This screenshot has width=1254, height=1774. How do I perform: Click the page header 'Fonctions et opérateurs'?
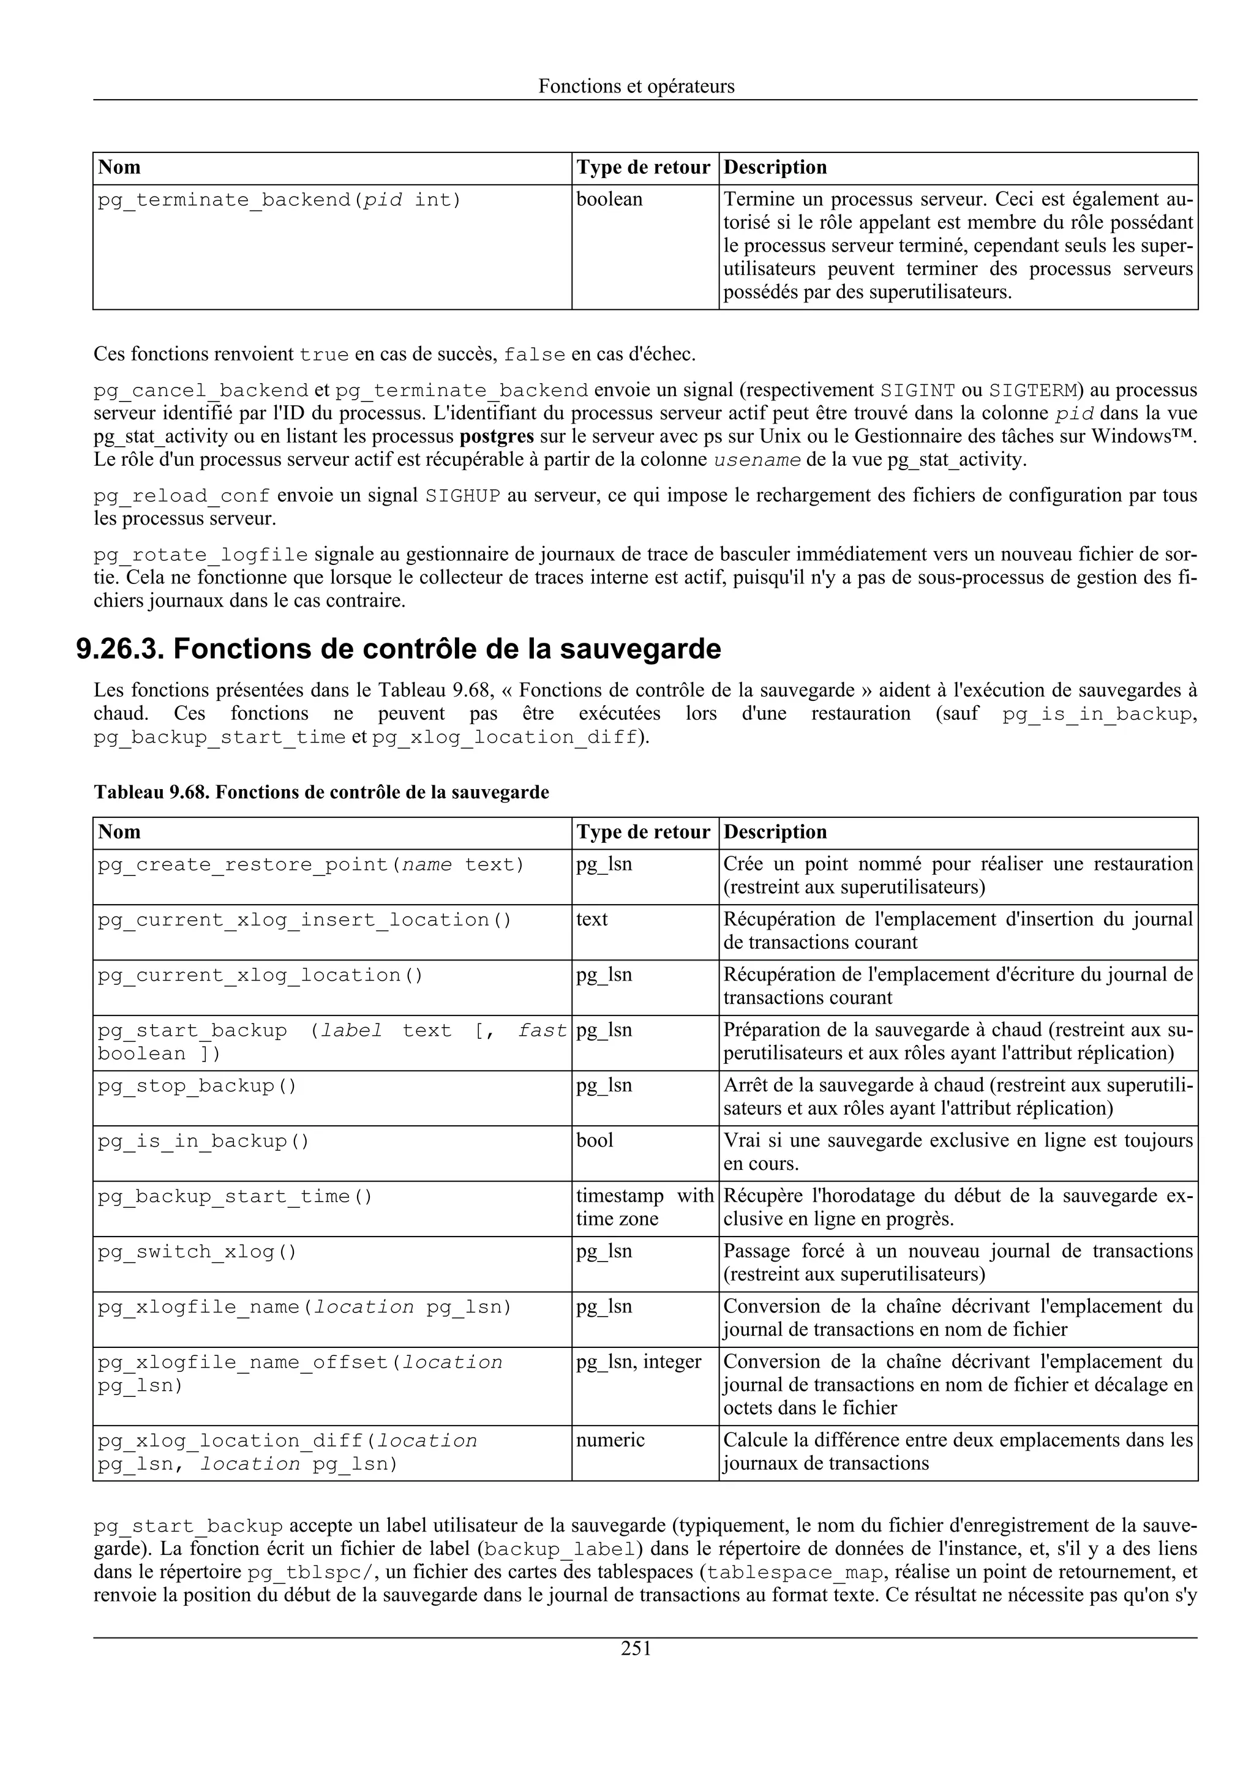[636, 86]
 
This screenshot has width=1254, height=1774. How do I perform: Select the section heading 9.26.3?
[398, 648]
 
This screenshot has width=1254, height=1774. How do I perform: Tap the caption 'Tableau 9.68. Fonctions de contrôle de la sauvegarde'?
[321, 792]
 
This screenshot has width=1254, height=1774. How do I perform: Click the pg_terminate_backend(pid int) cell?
[279, 200]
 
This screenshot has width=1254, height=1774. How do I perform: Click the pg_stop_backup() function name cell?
[197, 1085]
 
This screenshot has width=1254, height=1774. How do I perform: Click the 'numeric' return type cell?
[610, 1440]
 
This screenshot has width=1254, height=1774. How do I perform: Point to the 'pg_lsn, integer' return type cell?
[638, 1361]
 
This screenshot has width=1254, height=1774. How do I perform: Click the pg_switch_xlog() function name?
[197, 1252]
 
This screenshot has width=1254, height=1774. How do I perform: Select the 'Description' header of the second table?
[775, 832]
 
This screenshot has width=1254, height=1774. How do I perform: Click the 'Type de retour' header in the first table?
[643, 168]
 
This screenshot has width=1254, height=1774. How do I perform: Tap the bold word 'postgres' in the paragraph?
[496, 436]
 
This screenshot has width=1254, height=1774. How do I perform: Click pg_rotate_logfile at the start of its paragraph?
[201, 555]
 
